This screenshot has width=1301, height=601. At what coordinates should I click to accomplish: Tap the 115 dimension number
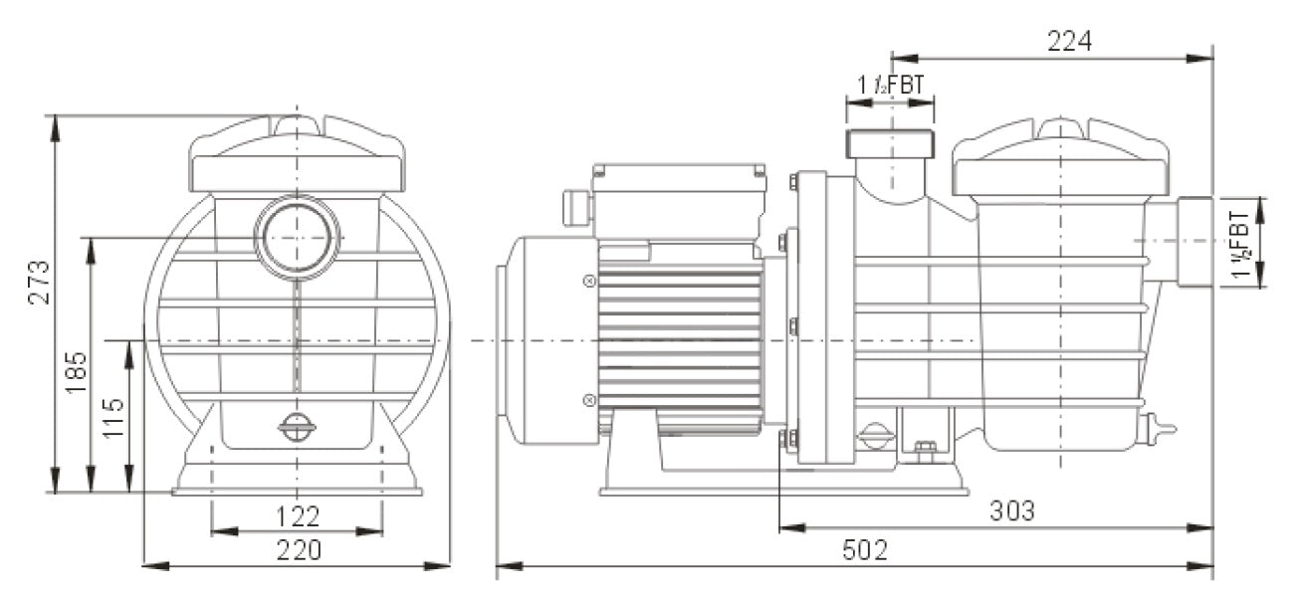[x=114, y=419]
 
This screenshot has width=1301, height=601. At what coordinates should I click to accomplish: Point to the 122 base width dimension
[x=297, y=516]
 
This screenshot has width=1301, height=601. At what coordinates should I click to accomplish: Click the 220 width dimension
[x=297, y=550]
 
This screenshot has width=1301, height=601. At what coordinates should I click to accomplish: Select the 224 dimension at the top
[x=1069, y=41]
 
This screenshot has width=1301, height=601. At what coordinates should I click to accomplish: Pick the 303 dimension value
[x=1012, y=511]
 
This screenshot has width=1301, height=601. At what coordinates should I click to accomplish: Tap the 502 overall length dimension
[x=864, y=550]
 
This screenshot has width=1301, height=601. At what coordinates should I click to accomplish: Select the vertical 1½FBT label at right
[x=1241, y=243]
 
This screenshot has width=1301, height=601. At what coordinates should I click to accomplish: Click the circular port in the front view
[x=297, y=238]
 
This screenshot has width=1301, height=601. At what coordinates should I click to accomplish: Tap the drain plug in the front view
[x=297, y=428]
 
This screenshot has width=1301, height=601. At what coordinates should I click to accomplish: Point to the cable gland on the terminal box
[x=574, y=207]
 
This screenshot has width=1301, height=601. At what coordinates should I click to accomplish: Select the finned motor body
[x=679, y=338]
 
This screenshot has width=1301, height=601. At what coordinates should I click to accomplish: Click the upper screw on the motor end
[x=588, y=282]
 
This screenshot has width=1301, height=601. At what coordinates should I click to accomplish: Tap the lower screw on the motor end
[x=588, y=401]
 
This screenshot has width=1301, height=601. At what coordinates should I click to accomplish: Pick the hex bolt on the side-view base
[x=926, y=449]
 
